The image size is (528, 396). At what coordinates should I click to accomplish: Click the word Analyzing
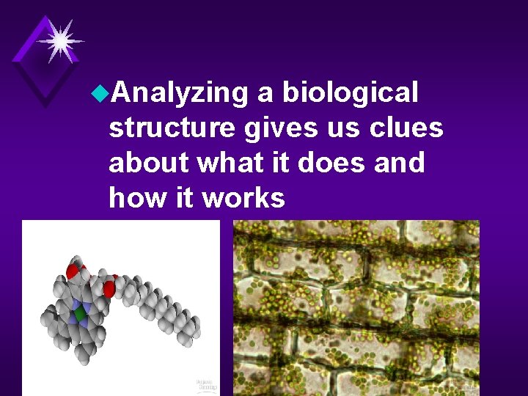pos(181,94)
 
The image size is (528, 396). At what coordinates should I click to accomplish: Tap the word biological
pos(350,94)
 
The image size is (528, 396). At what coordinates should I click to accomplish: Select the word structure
pos(172,128)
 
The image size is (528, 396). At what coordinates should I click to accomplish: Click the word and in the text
pos(400,163)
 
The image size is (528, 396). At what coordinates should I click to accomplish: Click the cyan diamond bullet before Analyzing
pos(101,94)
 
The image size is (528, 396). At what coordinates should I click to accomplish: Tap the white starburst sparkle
pos(59,41)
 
